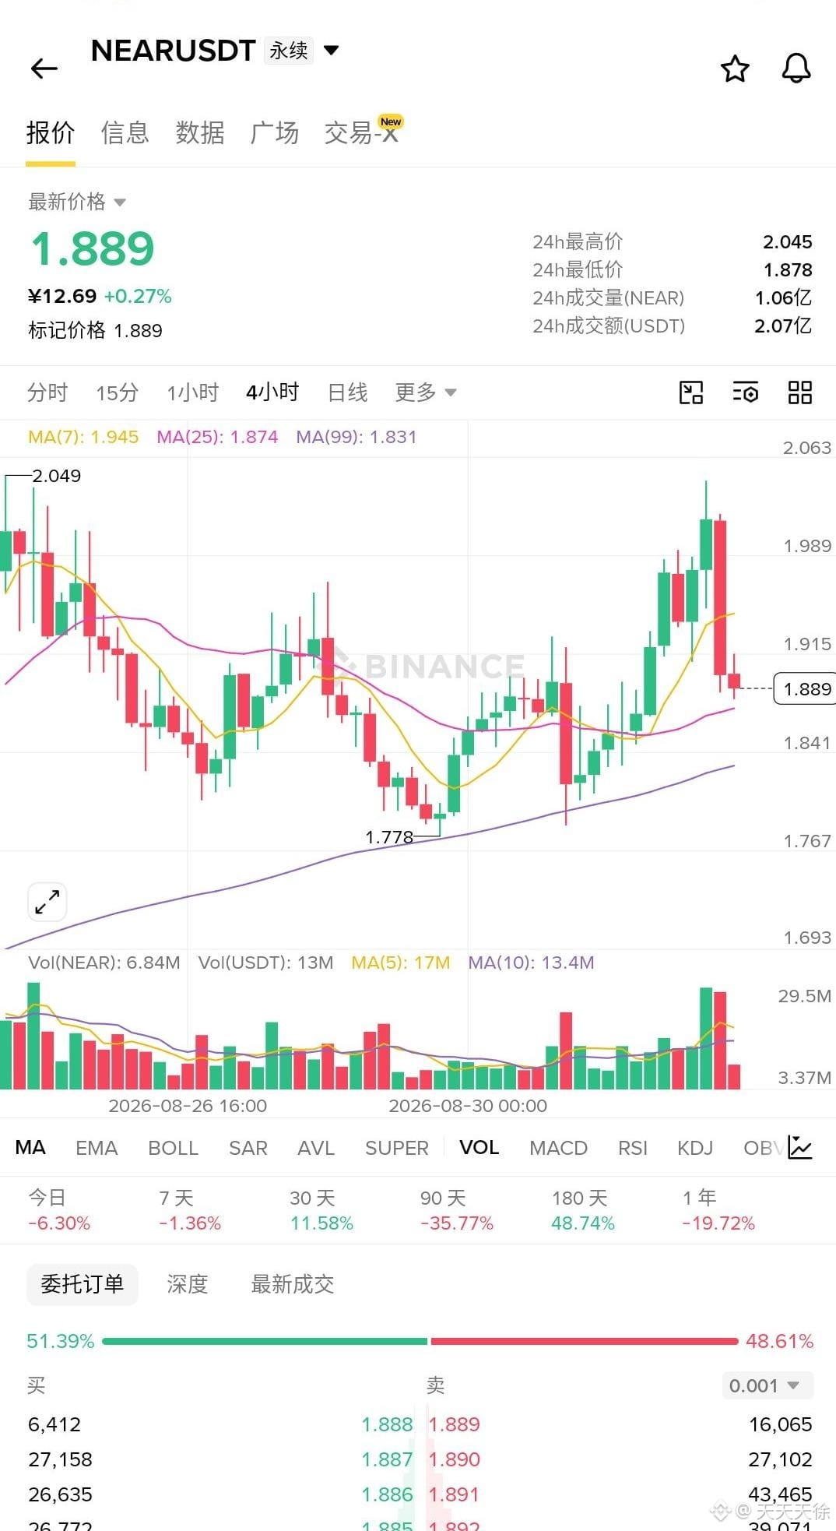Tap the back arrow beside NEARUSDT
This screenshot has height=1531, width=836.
point(44,69)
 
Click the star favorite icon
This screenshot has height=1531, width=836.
point(735,69)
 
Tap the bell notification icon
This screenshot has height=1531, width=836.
point(796,69)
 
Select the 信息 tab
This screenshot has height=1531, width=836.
point(125,132)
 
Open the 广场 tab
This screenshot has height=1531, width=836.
point(274,132)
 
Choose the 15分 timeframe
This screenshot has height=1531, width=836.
point(117,392)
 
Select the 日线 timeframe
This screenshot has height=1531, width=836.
point(347,392)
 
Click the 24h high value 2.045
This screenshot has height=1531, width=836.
point(787,242)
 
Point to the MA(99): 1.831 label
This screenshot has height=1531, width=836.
point(357,437)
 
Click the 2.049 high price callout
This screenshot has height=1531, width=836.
point(56,476)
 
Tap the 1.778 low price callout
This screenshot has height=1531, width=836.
point(389,837)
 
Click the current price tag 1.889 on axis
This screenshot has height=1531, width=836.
point(806,689)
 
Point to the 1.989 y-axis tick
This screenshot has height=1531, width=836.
point(807,546)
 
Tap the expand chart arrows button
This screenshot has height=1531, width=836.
point(47,902)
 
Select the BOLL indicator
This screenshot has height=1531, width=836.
point(174,1148)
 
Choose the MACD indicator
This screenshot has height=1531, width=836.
point(558,1148)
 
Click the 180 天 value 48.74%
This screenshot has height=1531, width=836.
point(583,1223)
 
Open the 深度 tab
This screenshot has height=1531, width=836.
point(188,1284)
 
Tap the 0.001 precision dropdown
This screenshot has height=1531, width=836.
point(767,1385)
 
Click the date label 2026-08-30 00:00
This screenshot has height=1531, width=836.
point(468,1106)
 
